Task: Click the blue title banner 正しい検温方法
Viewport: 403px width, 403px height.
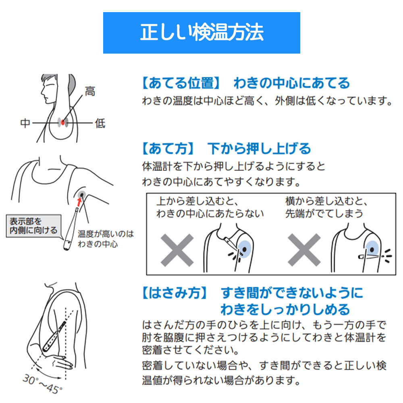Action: pyautogui.click(x=201, y=33)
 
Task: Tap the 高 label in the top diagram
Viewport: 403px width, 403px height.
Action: pyautogui.click(x=89, y=91)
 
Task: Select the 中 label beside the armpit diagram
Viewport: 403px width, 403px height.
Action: pyautogui.click(x=25, y=123)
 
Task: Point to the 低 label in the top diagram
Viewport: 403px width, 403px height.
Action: pyautogui.click(x=100, y=123)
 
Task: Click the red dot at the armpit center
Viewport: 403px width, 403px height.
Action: pyautogui.click(x=63, y=122)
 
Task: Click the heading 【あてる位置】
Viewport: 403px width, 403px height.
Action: pyautogui.click(x=181, y=83)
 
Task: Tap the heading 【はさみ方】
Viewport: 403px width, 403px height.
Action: pyautogui.click(x=175, y=293)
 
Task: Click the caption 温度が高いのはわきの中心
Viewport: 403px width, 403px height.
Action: pyautogui.click(x=106, y=239)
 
